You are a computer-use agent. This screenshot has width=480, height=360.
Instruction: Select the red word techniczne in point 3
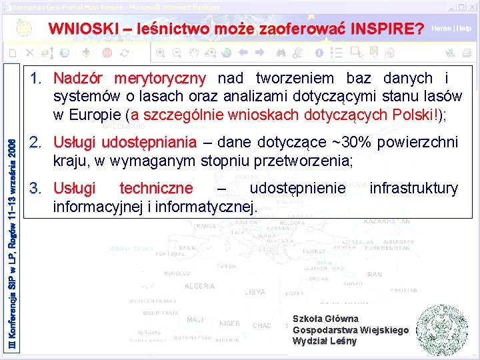click(155, 189)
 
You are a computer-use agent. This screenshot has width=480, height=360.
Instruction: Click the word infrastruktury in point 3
click(413, 189)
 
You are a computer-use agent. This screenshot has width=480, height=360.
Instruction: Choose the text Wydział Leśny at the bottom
click(325, 341)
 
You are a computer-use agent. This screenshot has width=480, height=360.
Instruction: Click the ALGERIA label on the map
click(199, 286)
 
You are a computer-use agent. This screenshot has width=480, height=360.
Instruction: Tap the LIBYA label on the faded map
click(255, 292)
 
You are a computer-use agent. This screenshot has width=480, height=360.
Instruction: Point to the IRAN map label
click(374, 274)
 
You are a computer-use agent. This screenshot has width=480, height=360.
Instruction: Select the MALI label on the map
click(195, 320)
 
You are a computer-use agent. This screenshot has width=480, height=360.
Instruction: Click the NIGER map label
click(229, 323)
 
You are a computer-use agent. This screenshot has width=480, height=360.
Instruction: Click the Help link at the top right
click(463, 29)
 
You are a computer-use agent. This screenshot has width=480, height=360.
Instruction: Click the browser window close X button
click(472, 6)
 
